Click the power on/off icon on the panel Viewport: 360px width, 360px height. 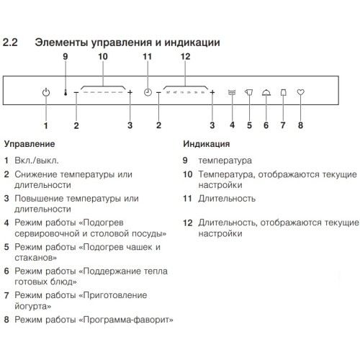click(x=46, y=93)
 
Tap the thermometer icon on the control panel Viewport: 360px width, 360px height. click(x=66, y=92)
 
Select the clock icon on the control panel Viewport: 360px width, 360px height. click(x=148, y=93)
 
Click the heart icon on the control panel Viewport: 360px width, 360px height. click(x=301, y=92)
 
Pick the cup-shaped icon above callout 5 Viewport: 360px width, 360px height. click(x=249, y=92)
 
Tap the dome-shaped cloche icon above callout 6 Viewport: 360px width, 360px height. click(x=266, y=92)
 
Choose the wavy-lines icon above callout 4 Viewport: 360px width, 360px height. click(x=232, y=92)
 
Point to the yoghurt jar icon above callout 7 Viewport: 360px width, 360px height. click(x=283, y=92)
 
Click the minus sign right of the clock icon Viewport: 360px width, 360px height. click(x=158, y=93)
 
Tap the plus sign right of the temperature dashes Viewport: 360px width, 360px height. click(x=130, y=93)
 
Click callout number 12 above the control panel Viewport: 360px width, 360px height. click(x=185, y=56)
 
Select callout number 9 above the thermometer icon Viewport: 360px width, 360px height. click(x=65, y=56)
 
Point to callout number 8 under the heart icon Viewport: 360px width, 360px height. click(x=301, y=125)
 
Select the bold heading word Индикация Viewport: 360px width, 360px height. click(x=207, y=144)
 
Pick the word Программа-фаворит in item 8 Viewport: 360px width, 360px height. click(x=135, y=320)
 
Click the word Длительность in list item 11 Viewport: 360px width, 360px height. click(x=228, y=197)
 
